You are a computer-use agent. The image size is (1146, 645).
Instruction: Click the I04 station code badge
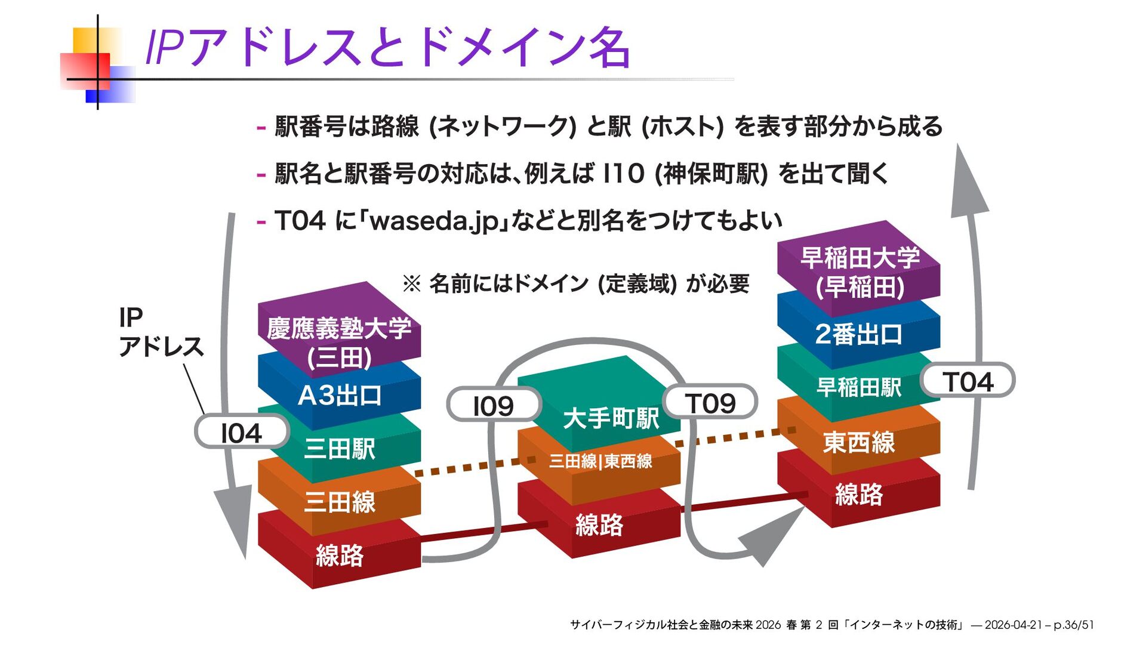coord(242,433)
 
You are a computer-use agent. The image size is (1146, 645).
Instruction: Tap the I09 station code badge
coord(493,406)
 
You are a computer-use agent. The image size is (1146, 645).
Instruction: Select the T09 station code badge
coord(710,403)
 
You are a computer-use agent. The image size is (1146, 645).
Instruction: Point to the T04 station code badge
coord(968,382)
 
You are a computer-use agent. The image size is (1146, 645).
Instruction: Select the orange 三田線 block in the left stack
coord(339,501)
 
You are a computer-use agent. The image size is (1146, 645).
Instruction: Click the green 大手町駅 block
coord(610,418)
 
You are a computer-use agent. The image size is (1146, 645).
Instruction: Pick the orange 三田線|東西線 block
coord(600,461)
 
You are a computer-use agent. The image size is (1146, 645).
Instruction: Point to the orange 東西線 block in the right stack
coord(859,442)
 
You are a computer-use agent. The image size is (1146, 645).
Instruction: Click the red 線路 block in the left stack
coord(339,555)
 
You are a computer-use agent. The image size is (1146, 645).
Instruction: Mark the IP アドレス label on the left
coord(160,332)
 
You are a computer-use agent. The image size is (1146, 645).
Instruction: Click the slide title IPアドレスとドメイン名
coord(388,48)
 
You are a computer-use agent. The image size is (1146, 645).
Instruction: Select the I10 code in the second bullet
coord(624,174)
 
